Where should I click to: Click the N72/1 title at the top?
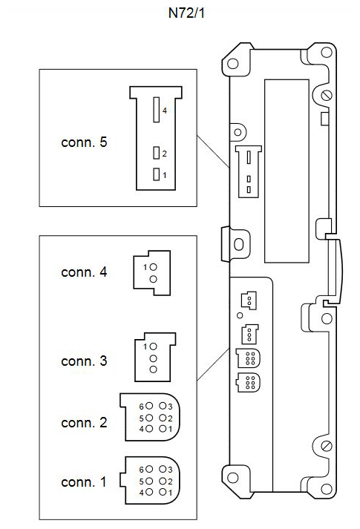point(186,13)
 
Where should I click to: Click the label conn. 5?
point(84,142)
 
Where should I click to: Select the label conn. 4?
point(84,272)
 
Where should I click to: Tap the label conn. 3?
point(84,361)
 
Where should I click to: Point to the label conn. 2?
point(84,422)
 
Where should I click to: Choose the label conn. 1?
point(84,482)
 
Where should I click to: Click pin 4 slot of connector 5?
point(156,110)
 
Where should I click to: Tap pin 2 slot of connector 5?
point(156,153)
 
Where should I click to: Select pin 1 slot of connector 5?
point(156,174)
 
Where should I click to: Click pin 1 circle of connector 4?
point(153,267)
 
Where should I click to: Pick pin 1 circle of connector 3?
point(153,346)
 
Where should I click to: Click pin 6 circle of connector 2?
point(149,406)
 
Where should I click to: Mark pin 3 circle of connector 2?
point(163,406)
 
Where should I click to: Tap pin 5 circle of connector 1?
point(149,481)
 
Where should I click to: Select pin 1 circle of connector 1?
point(163,492)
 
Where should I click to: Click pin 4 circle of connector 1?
point(149,492)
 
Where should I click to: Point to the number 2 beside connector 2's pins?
point(170,418)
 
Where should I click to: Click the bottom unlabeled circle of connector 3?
point(153,369)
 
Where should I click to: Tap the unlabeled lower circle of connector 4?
point(153,279)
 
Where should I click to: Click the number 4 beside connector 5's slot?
point(164,111)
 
